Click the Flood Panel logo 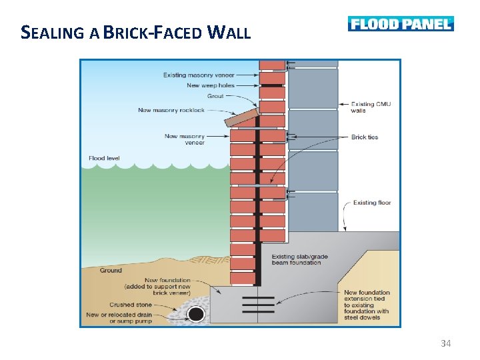click(x=401, y=24)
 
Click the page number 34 click(x=446, y=343)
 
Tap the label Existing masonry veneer click(x=199, y=75)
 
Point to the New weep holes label click(x=211, y=85)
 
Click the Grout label click(x=215, y=96)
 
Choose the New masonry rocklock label click(x=171, y=110)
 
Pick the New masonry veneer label click(x=185, y=139)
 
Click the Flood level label click(x=104, y=159)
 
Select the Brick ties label click(x=364, y=137)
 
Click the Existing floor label click(x=372, y=203)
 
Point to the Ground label click(x=111, y=270)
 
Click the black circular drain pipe click(x=196, y=313)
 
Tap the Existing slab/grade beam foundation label click(x=297, y=259)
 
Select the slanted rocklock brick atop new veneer click(x=242, y=117)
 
